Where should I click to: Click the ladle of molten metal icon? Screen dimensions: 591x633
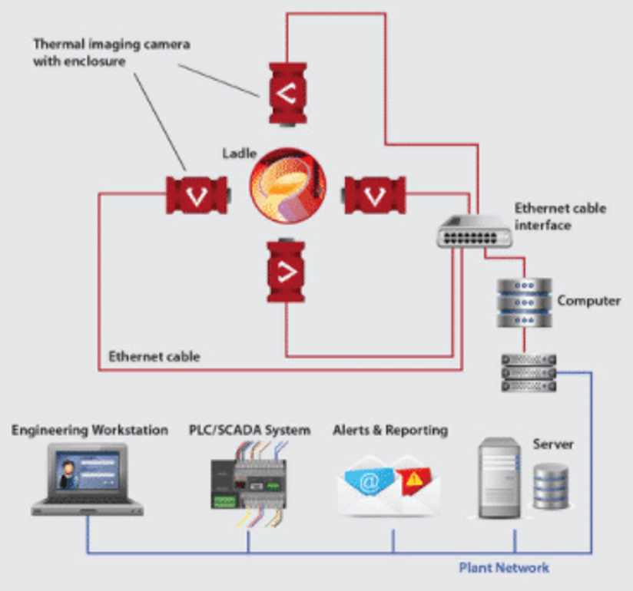[x=288, y=187]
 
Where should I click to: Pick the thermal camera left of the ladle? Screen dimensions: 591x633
[x=197, y=194]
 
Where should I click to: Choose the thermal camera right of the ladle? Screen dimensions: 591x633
[x=374, y=194]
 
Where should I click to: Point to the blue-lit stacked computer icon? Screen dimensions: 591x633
[x=524, y=302]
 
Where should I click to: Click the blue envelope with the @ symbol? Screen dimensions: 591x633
[x=368, y=484]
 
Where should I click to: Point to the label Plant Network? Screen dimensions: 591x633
[x=504, y=568]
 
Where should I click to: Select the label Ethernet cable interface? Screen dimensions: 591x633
[x=559, y=216]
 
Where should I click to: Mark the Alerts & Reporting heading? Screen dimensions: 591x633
[x=389, y=430]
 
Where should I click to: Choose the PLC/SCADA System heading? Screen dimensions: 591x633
[x=250, y=430]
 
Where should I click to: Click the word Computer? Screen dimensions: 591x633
[x=588, y=301]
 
